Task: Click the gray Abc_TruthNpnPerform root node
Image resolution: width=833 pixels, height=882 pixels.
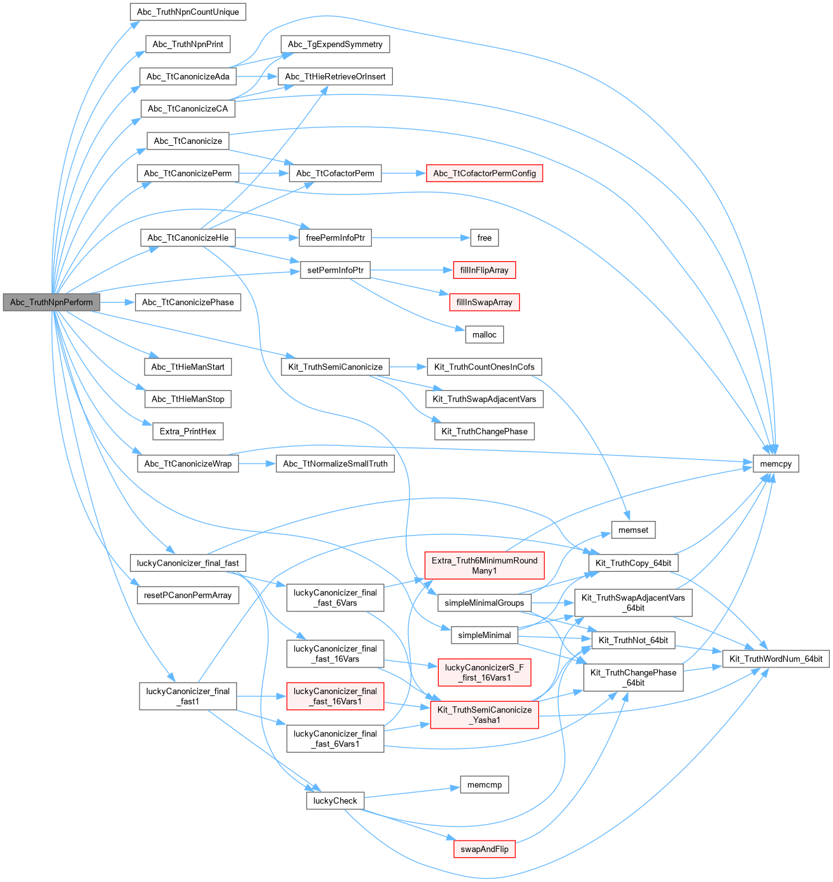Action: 51,302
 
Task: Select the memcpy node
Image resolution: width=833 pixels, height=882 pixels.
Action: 776,464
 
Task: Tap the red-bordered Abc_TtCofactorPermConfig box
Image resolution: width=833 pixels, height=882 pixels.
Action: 484,173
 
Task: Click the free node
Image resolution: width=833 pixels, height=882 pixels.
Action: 484,238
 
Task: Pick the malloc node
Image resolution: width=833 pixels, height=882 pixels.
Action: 484,335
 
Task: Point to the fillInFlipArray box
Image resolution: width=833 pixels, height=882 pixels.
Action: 484,270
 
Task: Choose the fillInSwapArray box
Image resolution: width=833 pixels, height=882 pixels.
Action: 484,302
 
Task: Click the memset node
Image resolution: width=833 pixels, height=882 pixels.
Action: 633,530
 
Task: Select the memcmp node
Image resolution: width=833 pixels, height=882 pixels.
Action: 484,785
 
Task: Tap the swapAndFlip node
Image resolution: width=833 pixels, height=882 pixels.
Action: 484,849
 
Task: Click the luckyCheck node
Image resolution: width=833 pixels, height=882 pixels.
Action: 335,801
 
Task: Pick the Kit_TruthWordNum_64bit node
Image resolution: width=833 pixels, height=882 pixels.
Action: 776,658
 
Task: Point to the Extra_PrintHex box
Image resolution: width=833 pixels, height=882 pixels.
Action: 188,432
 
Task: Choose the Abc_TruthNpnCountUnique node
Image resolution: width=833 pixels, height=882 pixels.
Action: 188,12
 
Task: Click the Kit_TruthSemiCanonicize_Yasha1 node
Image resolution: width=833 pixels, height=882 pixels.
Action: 484,715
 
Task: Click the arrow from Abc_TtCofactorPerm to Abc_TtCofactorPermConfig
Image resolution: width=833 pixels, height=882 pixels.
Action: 404,173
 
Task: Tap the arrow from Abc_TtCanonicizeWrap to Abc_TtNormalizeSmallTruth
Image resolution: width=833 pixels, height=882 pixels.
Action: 257,464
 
